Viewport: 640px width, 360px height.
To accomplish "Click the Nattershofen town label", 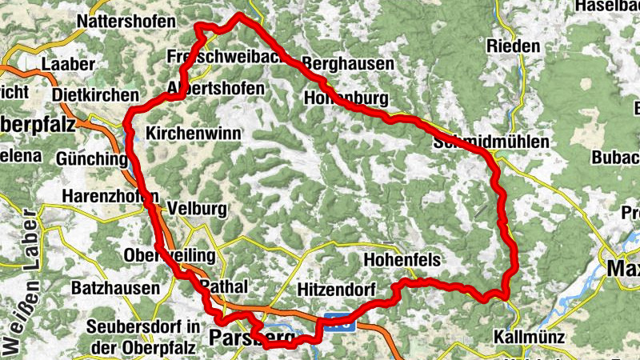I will point(127,21).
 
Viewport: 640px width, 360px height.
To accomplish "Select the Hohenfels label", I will point(402,260).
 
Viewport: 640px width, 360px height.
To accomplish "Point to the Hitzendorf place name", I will point(336,288).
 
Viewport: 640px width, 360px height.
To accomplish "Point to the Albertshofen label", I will point(214,88).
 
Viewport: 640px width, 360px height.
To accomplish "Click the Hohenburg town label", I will point(346,98).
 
